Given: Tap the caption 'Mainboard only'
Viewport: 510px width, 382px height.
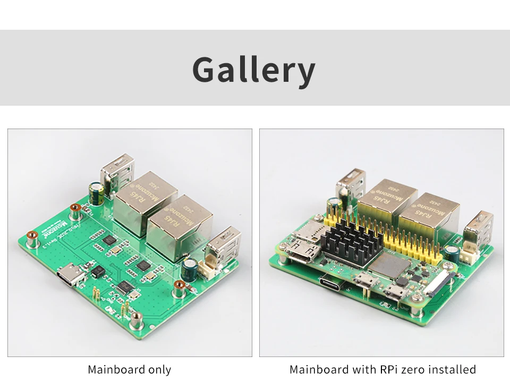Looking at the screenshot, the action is click(130, 369).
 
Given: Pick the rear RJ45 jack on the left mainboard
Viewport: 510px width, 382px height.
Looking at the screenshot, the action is click(145, 196).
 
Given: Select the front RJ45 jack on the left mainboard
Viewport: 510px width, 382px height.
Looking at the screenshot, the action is click(180, 226).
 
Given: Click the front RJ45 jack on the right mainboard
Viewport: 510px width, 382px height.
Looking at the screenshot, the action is click(426, 218).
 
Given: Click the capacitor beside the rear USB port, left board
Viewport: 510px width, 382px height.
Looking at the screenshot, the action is click(96, 194).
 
